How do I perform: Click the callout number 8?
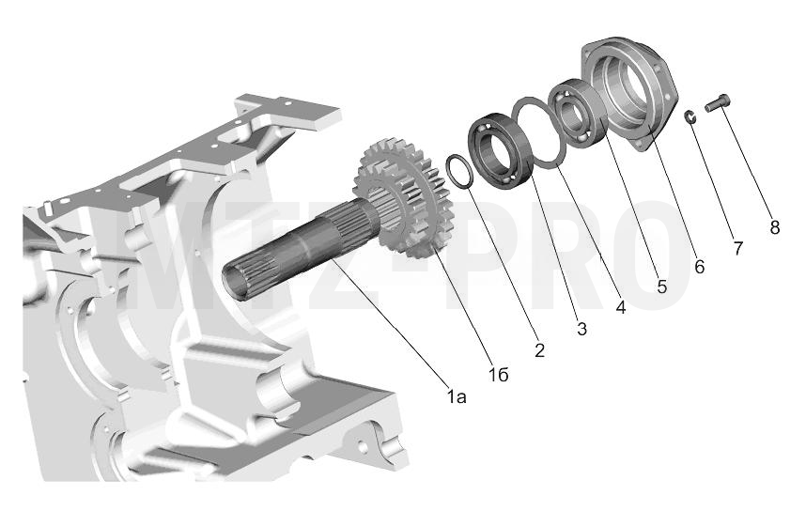tap(775, 227)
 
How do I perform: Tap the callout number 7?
tap(737, 248)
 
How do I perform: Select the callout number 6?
tap(699, 266)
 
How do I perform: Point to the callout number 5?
tap(661, 286)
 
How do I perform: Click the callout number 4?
tap(621, 307)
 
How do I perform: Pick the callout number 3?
tap(581, 329)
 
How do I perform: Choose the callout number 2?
tap(539, 350)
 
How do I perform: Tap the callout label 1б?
tap(499, 375)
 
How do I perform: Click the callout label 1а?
tap(457, 396)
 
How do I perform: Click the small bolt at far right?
tap(718, 103)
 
